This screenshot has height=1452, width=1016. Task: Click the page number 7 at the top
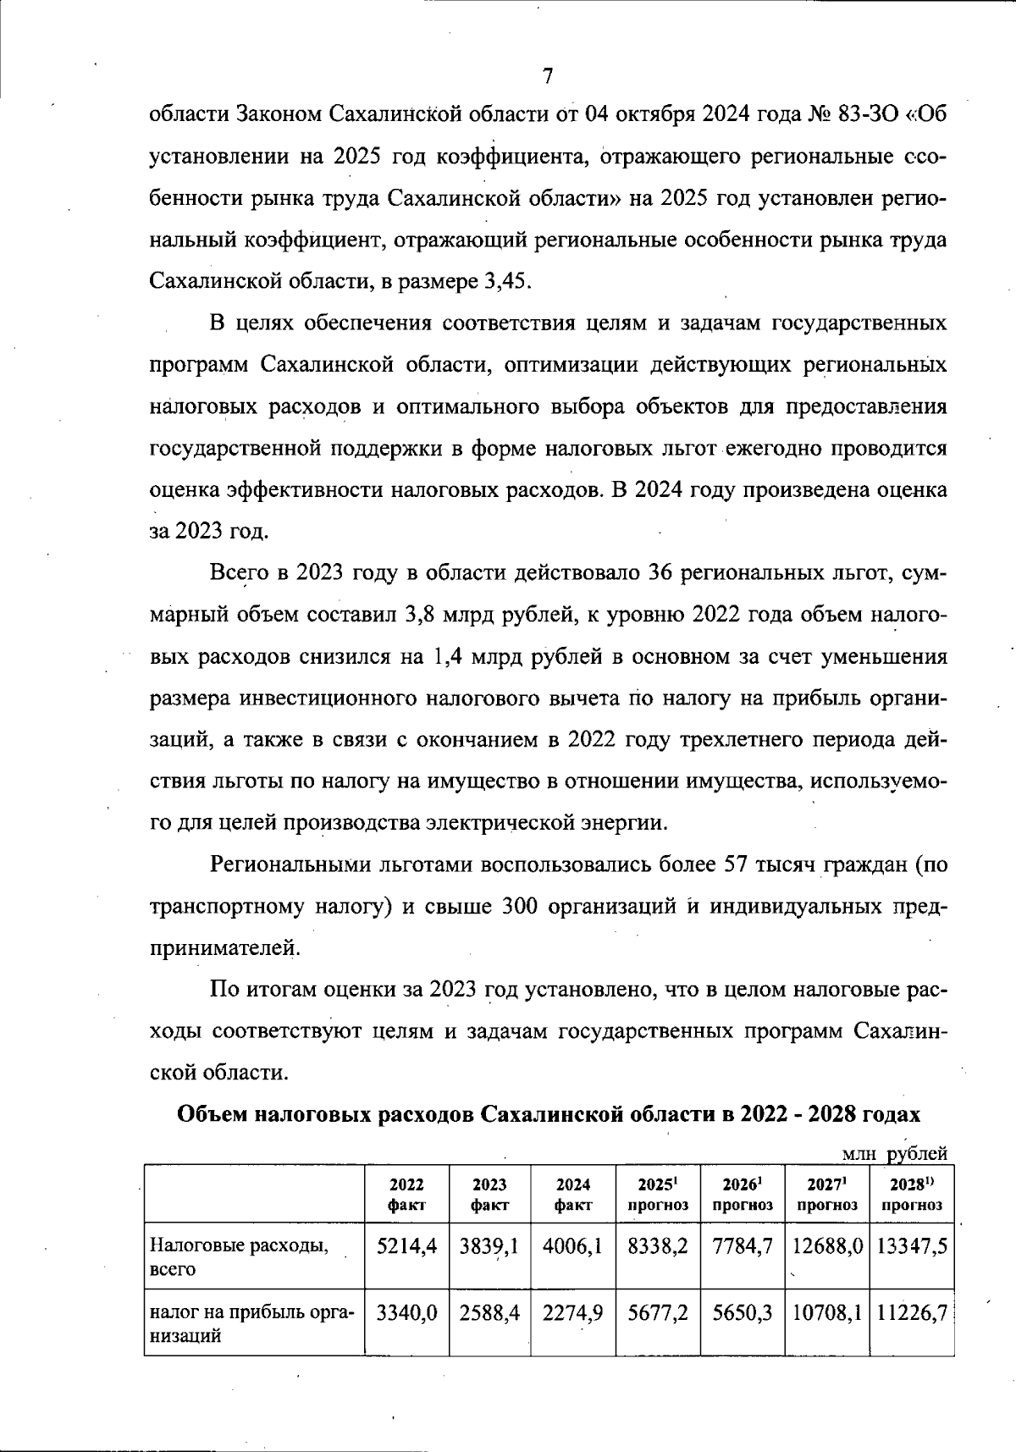547,77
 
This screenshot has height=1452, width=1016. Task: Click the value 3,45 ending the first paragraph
505,281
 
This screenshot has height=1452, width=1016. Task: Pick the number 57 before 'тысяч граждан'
734,865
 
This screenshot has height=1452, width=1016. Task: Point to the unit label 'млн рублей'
894,1153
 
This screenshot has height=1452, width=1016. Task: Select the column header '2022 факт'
406,1194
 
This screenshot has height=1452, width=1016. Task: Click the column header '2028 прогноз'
911,1194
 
